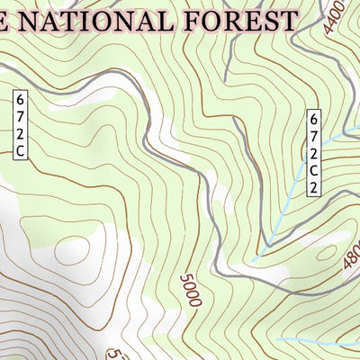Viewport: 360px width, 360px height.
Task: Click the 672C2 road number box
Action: point(314,152)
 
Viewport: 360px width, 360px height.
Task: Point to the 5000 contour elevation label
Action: point(189,291)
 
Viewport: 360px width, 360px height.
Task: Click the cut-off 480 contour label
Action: point(351,258)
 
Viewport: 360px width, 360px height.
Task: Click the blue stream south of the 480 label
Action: point(315,341)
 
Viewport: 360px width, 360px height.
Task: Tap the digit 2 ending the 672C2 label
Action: point(314,188)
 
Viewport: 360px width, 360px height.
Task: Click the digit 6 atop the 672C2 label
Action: point(314,118)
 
